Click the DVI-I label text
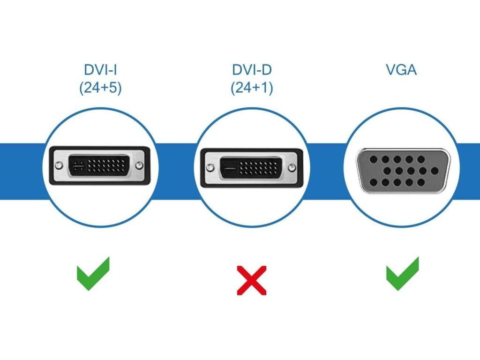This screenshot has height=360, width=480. click(x=100, y=70)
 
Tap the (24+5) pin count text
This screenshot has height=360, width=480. click(x=100, y=88)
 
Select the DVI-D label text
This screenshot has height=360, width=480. click(x=252, y=70)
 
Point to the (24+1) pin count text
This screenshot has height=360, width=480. click(x=252, y=88)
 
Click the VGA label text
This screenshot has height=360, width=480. click(x=401, y=70)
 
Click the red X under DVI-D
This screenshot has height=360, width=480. click(x=252, y=280)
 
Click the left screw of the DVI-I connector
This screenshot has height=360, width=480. click(x=58, y=165)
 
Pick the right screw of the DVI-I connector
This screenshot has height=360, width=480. click(x=139, y=165)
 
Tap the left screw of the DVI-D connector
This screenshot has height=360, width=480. click(x=211, y=167)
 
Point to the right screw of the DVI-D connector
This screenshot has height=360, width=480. click(x=292, y=167)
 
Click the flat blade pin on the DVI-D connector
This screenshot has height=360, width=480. click(x=229, y=167)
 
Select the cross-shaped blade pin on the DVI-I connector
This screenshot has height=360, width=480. click(x=78, y=165)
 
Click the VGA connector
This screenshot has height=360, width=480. click(x=401, y=171)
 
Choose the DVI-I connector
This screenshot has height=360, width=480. click(x=98, y=166)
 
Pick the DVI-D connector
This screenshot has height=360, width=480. click(x=252, y=168)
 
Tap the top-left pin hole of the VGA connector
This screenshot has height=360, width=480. click(x=374, y=159)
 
